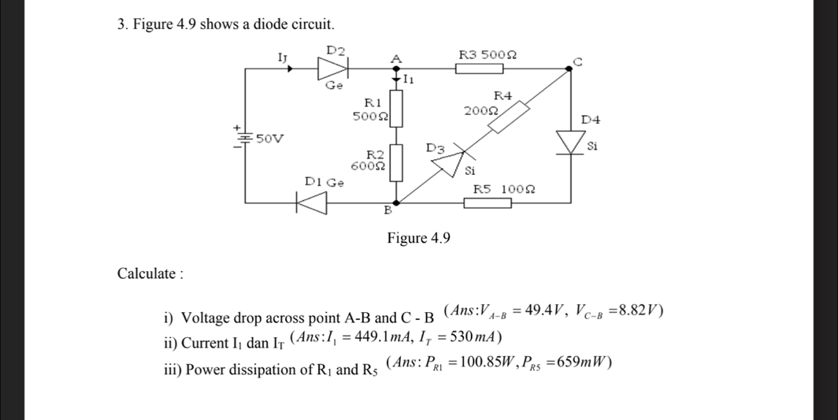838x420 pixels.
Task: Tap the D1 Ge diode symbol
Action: tap(311, 203)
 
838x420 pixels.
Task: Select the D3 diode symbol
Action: tap(449, 160)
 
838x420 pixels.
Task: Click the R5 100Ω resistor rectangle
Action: tap(488, 203)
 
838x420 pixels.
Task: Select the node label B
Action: tap(387, 211)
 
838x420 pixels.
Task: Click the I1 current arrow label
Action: tap(410, 80)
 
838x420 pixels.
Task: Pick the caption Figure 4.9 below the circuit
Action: tap(417, 238)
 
